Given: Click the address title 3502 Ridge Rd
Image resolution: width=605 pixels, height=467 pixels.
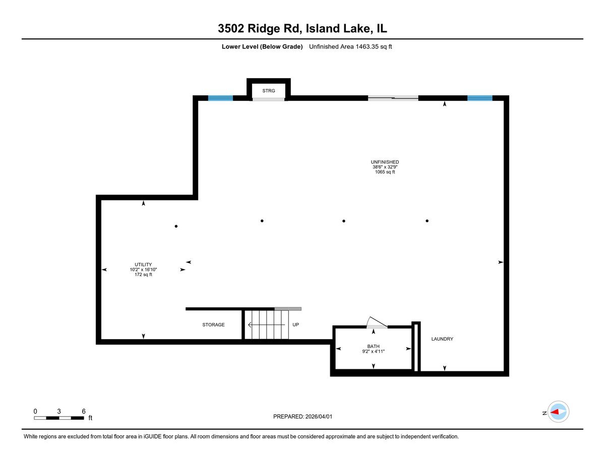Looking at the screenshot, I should tap(302, 29).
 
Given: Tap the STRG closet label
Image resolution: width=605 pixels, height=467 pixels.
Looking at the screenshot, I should tap(269, 91).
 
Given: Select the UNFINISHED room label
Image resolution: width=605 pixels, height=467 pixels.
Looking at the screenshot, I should tap(385, 162).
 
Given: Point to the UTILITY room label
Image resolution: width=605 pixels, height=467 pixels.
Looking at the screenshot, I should tap(143, 264).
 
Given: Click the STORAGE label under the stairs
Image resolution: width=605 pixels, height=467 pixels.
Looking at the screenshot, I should tap(213, 325).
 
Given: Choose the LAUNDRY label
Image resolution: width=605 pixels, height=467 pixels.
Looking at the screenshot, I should tap(442, 339).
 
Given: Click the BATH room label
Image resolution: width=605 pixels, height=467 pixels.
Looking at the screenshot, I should tap(373, 347).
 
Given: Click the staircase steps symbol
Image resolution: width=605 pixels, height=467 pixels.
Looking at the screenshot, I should tap(267, 325).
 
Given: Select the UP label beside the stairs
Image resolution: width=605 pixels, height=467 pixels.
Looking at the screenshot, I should tap(296, 325).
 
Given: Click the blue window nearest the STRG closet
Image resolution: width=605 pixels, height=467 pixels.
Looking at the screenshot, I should tap(221, 98).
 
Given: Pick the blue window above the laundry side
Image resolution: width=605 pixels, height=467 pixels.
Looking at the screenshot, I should tap(479, 98).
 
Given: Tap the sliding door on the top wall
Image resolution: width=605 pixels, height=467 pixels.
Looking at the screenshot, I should tap(393, 98).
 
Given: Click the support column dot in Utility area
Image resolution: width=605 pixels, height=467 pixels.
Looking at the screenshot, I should tap(176, 226).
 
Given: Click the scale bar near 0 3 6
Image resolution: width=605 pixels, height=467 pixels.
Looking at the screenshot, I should tap(59, 418).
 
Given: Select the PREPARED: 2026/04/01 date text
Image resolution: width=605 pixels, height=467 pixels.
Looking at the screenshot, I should tap(303, 417).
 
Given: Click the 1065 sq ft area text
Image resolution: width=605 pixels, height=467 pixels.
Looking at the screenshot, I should tap(385, 172).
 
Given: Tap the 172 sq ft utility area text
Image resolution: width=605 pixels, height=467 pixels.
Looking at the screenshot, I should tap(143, 275).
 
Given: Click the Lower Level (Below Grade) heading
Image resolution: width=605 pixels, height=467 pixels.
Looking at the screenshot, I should tap(262, 47).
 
